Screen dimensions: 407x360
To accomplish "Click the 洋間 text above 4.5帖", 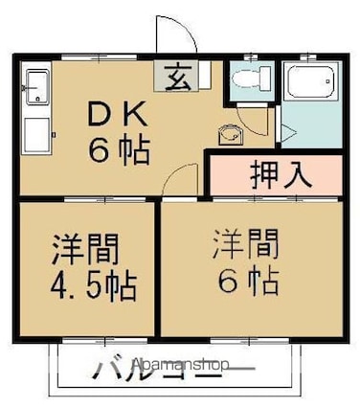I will [x=85, y=249].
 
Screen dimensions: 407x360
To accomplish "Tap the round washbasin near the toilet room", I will [x=231, y=135].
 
